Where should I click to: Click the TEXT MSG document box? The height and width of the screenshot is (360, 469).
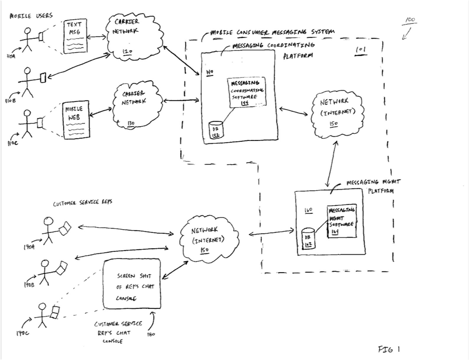[x=76, y=37]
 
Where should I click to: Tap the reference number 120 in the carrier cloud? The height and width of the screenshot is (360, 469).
[x=127, y=51]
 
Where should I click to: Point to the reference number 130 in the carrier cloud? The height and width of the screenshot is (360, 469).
[x=131, y=123]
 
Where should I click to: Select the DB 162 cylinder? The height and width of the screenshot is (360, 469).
[x=308, y=238]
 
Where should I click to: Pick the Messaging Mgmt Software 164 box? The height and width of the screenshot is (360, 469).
[x=342, y=221]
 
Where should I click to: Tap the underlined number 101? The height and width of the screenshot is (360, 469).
[x=361, y=50]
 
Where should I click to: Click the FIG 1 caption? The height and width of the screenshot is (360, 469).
[x=389, y=349]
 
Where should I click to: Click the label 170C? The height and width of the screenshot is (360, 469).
[x=22, y=333]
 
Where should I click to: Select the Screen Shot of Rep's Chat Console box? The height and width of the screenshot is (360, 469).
[x=132, y=284]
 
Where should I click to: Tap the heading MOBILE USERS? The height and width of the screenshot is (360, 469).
[x=31, y=16]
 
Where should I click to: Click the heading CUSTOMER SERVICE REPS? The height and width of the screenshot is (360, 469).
[x=83, y=203]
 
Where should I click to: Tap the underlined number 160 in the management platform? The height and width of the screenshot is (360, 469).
[x=308, y=210]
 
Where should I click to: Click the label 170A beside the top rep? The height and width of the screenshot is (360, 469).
[x=29, y=247]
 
